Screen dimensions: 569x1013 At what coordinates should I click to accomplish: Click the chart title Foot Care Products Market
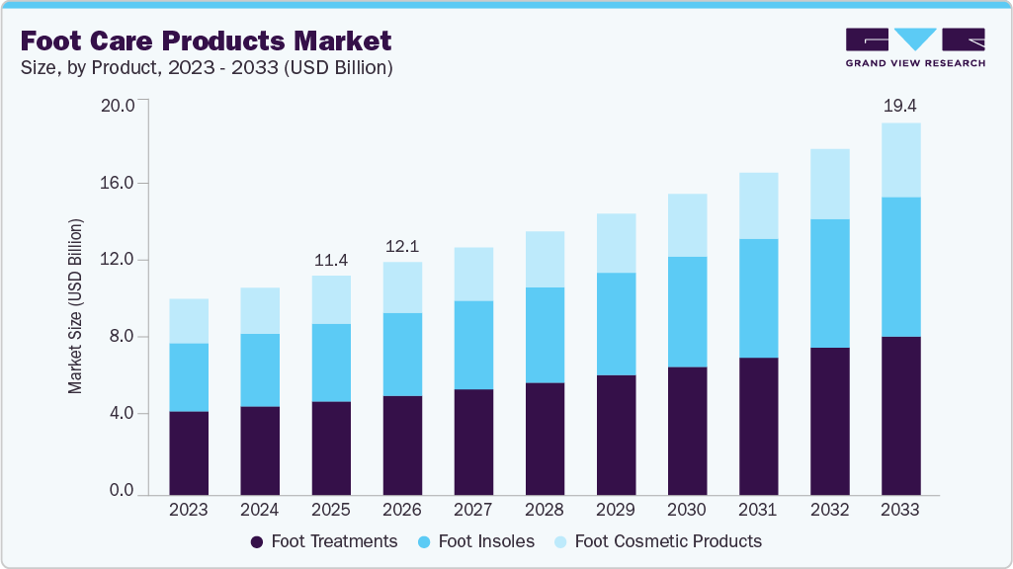coord(206,41)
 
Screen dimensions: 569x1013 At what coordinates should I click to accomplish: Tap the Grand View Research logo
coord(914,47)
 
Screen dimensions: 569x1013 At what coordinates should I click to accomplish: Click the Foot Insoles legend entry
coord(477,541)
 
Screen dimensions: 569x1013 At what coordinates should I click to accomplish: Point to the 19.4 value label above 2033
coord(900,105)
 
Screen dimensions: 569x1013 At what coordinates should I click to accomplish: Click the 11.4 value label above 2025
coord(331,260)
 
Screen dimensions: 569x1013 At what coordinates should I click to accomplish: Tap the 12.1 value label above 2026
coord(402,245)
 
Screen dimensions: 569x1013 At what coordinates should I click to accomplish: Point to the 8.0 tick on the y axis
coord(122,337)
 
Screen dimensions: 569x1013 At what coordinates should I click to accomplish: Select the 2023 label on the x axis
coord(189,510)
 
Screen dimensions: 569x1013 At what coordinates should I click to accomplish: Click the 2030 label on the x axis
coord(687,510)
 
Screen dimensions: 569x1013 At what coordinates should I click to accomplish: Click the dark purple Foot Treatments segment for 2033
coord(900,415)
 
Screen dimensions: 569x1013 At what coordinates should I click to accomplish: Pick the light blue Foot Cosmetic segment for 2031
coord(758,205)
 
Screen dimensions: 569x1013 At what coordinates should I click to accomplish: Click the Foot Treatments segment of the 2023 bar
coord(189,452)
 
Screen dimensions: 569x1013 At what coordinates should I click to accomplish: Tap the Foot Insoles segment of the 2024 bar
coord(260,369)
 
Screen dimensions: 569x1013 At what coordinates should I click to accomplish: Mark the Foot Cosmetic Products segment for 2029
coord(616,243)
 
